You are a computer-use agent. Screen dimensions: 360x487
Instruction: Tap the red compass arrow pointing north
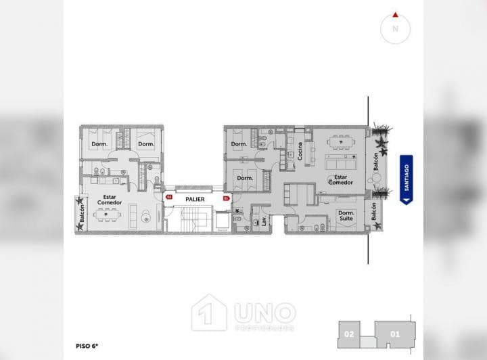[394, 14]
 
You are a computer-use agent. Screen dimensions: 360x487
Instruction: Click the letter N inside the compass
[394, 29]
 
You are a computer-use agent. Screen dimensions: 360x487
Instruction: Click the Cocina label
[300, 150]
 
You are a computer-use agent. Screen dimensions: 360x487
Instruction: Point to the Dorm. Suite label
[346, 216]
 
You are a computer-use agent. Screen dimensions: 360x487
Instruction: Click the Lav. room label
[264, 221]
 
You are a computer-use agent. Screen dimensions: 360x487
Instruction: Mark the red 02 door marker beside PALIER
[169, 198]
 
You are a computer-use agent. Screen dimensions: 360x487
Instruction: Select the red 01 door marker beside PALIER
[226, 198]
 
